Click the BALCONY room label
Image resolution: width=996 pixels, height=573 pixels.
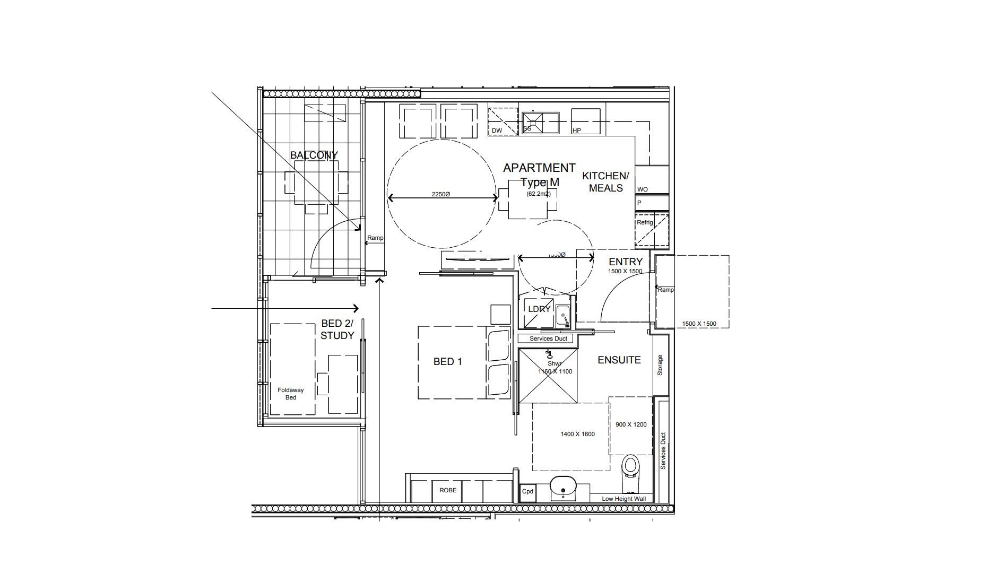314,155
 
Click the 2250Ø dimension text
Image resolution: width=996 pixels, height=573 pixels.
440,194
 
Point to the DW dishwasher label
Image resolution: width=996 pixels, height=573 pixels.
497,131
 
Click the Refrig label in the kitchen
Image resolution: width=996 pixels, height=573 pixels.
645,222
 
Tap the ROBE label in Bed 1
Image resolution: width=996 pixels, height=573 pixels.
447,490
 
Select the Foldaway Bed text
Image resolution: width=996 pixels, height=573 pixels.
291,394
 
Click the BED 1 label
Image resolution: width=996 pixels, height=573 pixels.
447,361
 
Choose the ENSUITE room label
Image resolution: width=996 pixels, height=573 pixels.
619,360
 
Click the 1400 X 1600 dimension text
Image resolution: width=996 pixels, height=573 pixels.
577,434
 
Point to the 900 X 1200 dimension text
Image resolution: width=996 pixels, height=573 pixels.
631,424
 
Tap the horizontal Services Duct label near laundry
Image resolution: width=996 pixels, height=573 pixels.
548,338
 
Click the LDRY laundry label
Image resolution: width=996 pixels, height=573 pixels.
539,309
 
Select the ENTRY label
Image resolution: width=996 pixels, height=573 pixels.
625,262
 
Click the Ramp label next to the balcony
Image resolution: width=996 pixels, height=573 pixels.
375,238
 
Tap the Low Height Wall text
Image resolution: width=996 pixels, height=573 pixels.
623,499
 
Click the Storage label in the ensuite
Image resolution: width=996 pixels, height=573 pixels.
660,365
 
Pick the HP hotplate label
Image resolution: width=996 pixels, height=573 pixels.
577,131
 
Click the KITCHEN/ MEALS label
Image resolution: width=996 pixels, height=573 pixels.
605,181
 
